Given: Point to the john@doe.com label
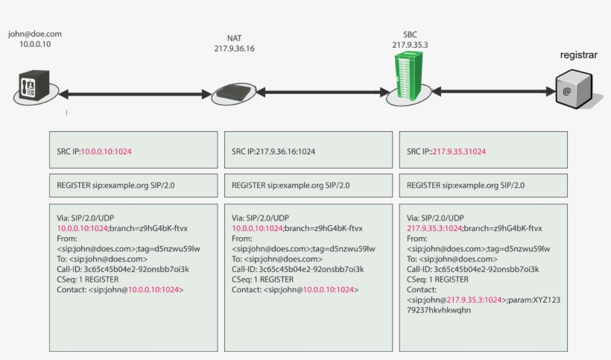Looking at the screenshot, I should [34, 34].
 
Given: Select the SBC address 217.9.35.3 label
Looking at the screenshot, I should [410, 45].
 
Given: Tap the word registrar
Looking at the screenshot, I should [580, 55].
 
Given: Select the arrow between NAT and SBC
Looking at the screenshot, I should [321, 92].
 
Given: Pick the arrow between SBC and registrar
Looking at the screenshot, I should [492, 91].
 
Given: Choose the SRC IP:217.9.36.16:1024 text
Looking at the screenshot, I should [273, 151].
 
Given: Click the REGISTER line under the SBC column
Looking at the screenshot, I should [466, 185].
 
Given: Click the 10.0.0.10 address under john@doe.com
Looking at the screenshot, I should [34, 44].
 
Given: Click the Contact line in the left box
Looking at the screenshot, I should [120, 289].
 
